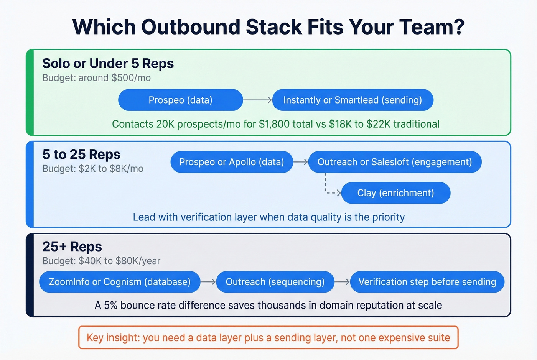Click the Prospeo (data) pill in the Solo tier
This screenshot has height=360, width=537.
coord(180,100)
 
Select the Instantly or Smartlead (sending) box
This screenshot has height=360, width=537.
coord(353,100)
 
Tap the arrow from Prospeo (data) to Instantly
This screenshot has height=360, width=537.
coord(257,100)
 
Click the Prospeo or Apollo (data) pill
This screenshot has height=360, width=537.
coord(232,162)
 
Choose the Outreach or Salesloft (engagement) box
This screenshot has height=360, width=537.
coord(395,162)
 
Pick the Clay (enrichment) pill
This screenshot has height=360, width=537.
coord(395,193)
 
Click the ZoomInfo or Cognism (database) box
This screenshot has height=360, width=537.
coord(120,282)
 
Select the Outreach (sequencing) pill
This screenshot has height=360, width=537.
coord(275,282)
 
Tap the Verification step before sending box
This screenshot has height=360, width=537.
coord(427,282)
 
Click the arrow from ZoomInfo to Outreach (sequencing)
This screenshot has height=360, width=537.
coord(208,282)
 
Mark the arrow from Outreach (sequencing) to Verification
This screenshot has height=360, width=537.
coord(342,282)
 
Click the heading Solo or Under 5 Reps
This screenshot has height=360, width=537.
coord(108,63)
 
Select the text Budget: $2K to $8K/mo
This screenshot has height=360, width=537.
coord(93,169)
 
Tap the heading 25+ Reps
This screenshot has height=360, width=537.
coord(72,247)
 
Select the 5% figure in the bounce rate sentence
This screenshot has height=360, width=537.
coord(111,305)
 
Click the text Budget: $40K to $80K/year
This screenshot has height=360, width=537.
coord(101,261)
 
